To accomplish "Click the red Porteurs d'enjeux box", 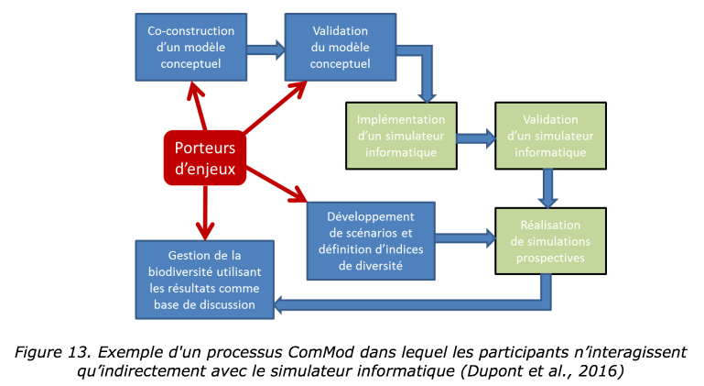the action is coord(205,158).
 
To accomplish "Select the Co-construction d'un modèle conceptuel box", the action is coord(191,48).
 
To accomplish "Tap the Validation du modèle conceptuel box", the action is coord(341,48).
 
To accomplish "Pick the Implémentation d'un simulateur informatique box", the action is coord(401,136).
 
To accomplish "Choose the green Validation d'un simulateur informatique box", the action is coord(550,136).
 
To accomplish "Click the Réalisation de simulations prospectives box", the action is coord(550,241).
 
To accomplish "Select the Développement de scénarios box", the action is coord(371,241).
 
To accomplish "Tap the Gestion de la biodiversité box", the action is coord(205,280).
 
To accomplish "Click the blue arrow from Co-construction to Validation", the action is coord(265,50).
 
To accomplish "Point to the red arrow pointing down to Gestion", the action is coord(205,213).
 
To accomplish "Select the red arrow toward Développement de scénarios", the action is coord(276,184).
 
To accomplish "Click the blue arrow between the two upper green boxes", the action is coord(476,138).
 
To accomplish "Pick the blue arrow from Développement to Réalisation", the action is coord(465,238).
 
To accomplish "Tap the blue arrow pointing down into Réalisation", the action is coord(547,189).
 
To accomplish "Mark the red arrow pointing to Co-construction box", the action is coord(198,106).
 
